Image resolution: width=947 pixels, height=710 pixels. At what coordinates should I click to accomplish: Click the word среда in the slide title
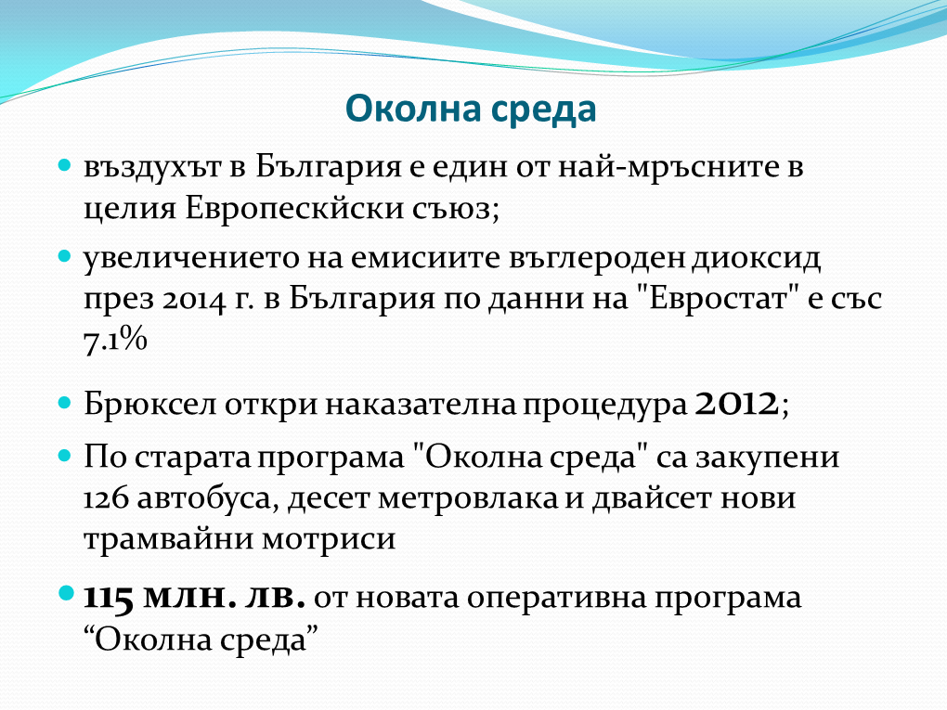click(543, 111)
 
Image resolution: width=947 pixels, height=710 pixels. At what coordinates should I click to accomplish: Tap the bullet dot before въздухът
click(65, 164)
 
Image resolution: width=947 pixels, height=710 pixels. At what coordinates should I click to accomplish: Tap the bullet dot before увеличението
click(65, 255)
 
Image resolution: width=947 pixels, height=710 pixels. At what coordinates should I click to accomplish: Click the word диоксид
click(756, 258)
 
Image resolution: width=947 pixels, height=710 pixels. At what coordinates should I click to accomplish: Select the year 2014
click(193, 300)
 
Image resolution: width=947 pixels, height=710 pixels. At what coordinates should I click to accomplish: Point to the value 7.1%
click(115, 340)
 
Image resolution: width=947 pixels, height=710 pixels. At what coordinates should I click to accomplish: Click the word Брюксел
click(149, 404)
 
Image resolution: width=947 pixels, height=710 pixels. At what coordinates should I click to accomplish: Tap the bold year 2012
click(736, 404)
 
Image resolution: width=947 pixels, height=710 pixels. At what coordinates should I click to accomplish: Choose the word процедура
click(604, 406)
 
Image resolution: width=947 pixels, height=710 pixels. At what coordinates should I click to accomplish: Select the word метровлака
click(467, 498)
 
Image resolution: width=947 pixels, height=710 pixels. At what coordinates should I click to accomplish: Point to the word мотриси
click(329, 538)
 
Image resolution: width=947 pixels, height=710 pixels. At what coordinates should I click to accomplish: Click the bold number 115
click(108, 599)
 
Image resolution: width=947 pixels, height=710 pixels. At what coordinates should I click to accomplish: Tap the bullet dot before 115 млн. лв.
click(65, 593)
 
